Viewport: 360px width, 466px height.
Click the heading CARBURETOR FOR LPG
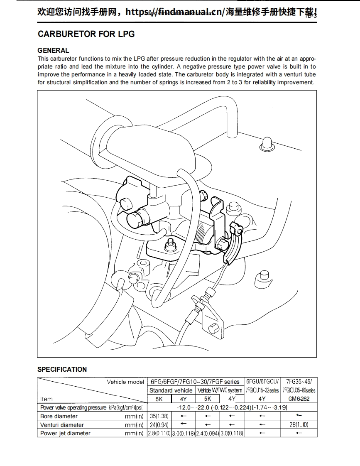86,34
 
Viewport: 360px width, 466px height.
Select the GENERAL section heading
54,51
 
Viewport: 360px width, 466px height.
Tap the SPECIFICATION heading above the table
62,369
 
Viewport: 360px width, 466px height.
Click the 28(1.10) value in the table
299,425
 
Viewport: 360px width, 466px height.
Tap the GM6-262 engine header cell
299,399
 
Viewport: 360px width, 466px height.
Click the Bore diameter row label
59,416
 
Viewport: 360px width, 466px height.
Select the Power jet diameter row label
65,433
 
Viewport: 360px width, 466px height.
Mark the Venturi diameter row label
62,425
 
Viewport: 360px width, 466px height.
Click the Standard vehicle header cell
171,390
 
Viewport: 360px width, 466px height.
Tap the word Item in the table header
47,399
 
